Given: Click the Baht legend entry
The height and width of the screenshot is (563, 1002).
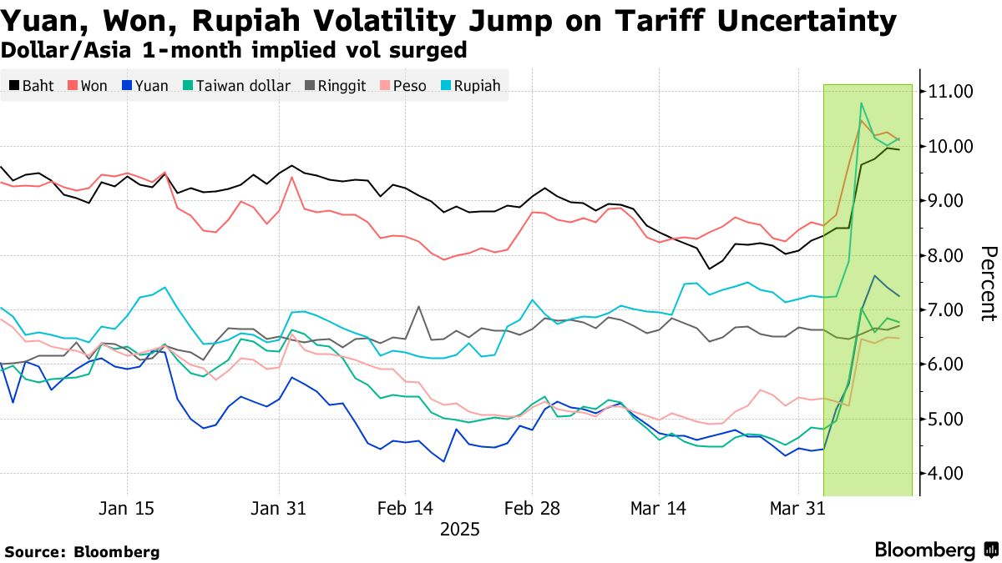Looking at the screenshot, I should click(32, 86).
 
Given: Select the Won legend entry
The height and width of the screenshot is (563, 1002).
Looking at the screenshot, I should click(87, 86).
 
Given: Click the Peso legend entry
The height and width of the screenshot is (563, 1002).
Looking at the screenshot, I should click(401, 86).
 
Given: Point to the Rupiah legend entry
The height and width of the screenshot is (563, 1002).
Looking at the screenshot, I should click(470, 86).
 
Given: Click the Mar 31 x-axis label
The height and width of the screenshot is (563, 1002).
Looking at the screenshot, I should click(799, 508).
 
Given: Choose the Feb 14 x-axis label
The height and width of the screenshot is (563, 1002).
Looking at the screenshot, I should click(406, 508).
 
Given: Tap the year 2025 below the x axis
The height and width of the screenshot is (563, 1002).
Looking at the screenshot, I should click(459, 530).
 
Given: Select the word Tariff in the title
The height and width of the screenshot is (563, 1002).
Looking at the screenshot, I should click(637, 20).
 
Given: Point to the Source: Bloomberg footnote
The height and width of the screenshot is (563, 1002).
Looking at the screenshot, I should click(82, 551).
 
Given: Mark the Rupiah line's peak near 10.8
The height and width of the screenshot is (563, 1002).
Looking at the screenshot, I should click(860, 103).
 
